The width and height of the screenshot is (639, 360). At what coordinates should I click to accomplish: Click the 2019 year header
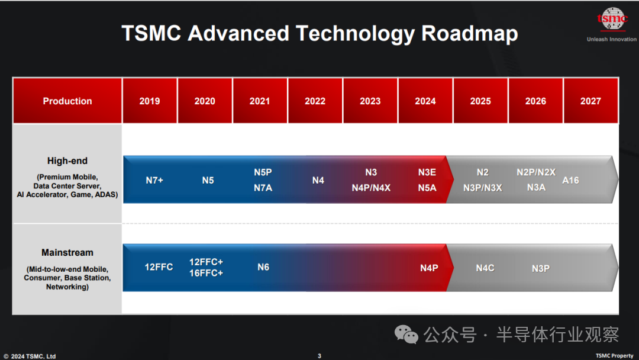[x=150, y=101]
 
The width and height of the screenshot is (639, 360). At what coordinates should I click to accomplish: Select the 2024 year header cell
[x=425, y=101]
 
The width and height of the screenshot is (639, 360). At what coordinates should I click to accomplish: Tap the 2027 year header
[x=590, y=101]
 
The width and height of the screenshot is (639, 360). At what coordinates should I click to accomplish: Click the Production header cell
[x=67, y=101]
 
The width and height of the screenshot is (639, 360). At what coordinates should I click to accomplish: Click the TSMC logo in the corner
[x=612, y=19]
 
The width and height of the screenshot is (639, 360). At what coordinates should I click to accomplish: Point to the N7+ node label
[x=154, y=180]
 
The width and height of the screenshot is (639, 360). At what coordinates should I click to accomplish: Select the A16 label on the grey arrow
[x=570, y=180]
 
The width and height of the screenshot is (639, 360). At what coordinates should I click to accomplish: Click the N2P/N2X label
[x=536, y=172]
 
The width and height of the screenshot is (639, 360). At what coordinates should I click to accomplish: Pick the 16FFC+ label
[x=206, y=273]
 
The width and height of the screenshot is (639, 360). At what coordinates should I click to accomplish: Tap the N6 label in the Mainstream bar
[x=263, y=267]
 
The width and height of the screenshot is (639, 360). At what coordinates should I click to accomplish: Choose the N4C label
[x=485, y=268]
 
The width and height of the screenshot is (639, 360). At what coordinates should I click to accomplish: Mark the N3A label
[x=536, y=187]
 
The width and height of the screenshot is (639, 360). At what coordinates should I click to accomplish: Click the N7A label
[x=263, y=188]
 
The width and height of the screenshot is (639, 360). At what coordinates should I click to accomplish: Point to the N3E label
[x=427, y=172]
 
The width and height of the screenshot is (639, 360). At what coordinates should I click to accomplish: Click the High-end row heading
[x=67, y=160]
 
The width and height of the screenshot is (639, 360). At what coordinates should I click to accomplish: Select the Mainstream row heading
[x=67, y=252]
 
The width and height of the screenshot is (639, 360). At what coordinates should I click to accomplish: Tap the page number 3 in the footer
[x=319, y=356]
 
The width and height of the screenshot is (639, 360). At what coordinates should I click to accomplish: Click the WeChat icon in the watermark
[x=406, y=335]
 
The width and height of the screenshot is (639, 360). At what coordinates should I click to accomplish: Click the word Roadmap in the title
[x=469, y=33]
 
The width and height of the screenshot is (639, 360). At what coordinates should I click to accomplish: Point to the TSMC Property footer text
[x=614, y=356]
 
